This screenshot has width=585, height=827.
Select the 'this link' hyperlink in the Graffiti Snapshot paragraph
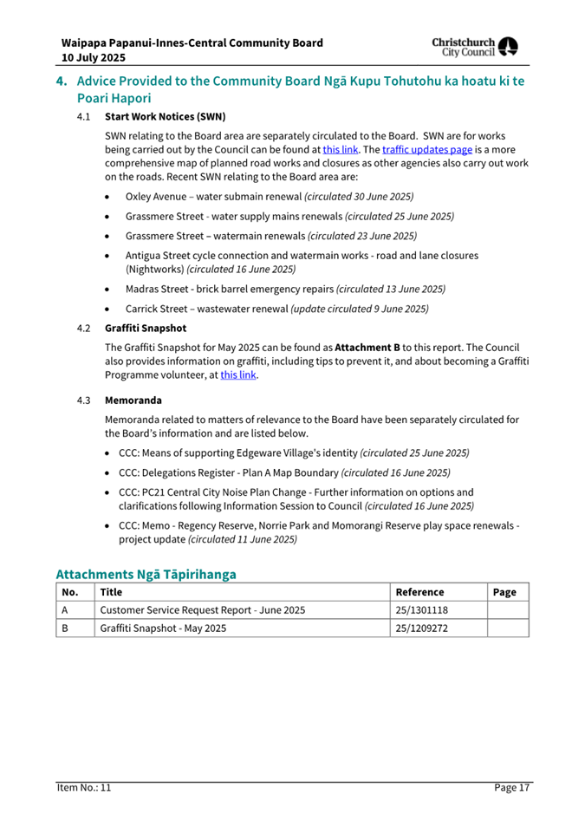click(x=238, y=375)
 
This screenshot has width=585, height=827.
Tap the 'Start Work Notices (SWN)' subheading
click(x=165, y=116)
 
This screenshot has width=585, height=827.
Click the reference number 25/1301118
click(x=421, y=610)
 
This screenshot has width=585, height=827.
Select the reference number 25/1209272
click(x=421, y=628)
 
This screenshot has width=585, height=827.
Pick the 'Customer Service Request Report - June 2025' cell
click(x=203, y=610)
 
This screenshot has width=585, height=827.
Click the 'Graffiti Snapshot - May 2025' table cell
click(x=164, y=628)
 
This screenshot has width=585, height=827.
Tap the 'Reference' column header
click(x=419, y=592)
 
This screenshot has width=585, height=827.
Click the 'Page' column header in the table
click(x=504, y=592)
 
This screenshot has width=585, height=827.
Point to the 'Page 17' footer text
click(x=512, y=787)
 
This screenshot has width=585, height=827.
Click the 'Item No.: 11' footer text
click(x=84, y=787)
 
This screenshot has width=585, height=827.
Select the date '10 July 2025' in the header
click(x=93, y=57)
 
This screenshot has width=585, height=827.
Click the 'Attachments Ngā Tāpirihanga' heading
click(x=146, y=573)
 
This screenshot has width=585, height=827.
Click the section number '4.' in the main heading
click(x=62, y=81)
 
